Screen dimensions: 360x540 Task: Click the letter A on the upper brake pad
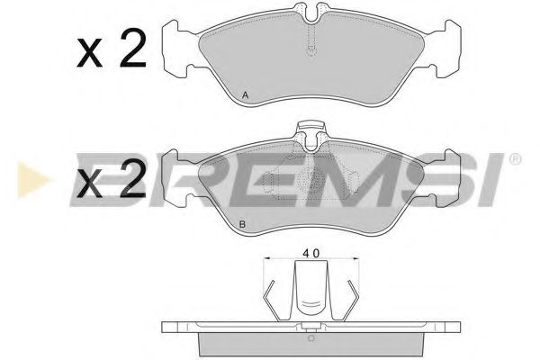point(247,95)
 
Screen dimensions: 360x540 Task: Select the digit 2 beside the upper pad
point(131,52)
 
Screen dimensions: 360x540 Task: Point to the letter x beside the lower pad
point(90,186)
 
